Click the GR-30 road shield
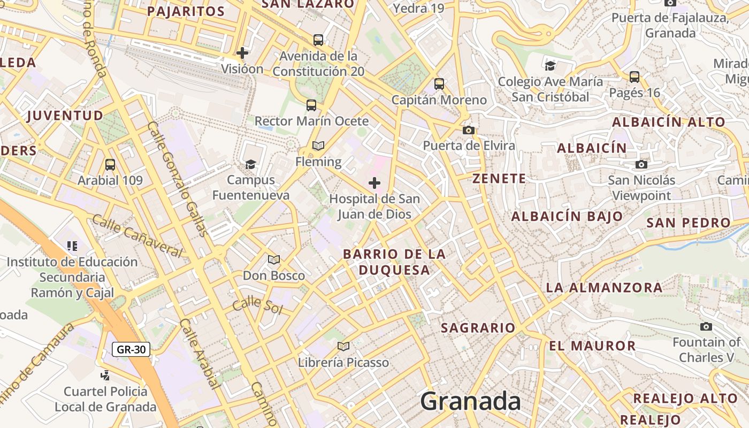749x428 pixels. click(131, 349)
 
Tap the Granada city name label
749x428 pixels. click(470, 401)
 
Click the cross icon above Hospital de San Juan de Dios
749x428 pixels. click(374, 183)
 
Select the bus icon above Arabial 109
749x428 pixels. click(110, 164)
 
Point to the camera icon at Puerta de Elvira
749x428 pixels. click(469, 130)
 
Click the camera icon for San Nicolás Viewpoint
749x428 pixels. click(641, 164)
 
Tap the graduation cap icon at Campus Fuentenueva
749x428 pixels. click(250, 164)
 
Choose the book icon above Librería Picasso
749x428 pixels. click(343, 346)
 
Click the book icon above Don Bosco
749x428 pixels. click(274, 259)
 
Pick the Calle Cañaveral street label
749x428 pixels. click(137, 235)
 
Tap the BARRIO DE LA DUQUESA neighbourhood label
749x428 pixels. click(394, 262)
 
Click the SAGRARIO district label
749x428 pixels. click(478, 327)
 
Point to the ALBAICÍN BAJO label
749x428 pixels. click(567, 216)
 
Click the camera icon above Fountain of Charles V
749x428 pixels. click(706, 326)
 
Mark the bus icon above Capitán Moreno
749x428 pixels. click(439, 84)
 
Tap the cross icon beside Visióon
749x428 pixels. click(242, 52)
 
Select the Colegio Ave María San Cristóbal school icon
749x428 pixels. click(550, 65)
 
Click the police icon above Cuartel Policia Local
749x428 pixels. click(105, 375)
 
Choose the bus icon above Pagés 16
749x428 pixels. click(635, 77)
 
